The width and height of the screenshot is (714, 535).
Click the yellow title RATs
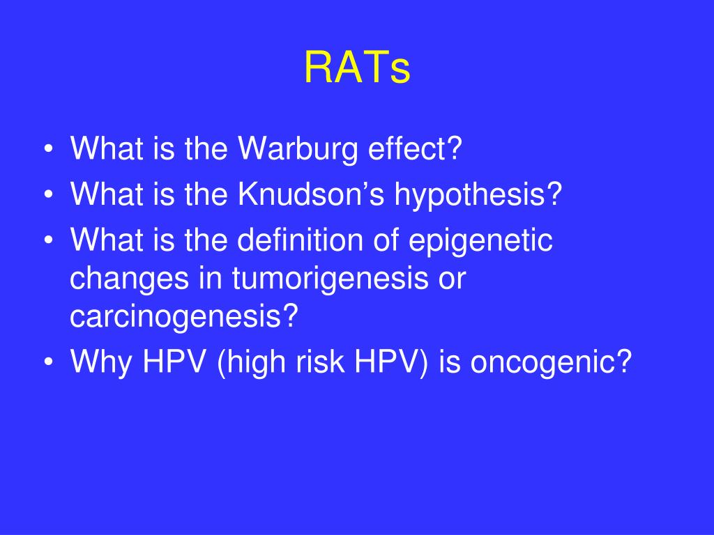358,68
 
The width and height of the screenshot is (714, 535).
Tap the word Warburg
298,149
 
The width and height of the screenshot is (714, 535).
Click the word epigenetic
480,241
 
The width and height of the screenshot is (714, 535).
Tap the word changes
129,279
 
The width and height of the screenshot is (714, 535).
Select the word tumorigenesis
330,279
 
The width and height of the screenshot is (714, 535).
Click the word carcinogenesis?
184,317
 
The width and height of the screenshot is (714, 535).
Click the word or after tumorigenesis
452,279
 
